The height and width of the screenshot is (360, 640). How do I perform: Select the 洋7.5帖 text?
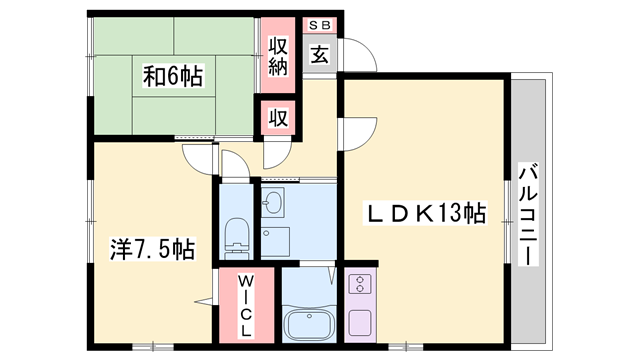tap(151, 247)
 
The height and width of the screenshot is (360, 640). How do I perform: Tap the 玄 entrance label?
tap(317, 55)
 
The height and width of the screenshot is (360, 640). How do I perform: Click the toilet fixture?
tap(237, 235)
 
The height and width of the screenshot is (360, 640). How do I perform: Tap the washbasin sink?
tap(273, 204)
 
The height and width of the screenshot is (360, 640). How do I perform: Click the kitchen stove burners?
tap(359, 285)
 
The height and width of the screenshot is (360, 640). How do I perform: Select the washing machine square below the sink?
tap(275, 241)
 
